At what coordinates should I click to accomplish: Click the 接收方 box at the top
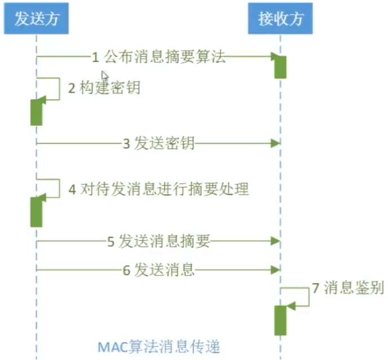coord(281,19)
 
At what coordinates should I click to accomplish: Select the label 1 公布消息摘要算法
coord(159,56)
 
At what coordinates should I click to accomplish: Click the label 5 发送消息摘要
coord(158,242)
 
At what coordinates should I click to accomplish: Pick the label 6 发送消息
coord(158,270)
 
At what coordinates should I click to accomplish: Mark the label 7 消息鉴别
coord(347,288)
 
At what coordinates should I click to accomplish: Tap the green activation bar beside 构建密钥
coord(36,111)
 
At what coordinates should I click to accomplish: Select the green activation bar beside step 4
coord(36,211)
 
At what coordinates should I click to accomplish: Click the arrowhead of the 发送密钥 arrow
coord(276,143)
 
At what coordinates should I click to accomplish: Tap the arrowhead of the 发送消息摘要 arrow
coord(276,242)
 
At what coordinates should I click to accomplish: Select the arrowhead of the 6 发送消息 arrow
coord(276,270)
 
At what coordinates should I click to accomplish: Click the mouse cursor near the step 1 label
coord(104,76)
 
